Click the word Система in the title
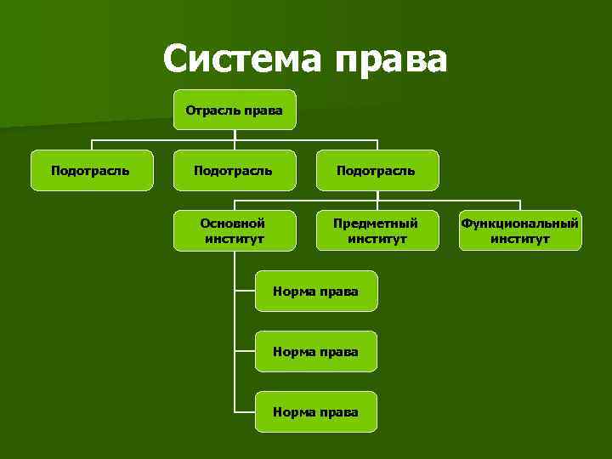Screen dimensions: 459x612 click(241, 59)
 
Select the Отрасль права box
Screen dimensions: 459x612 click(235, 110)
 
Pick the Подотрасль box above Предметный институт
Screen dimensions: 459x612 click(376, 170)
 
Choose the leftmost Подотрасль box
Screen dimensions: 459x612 click(90, 170)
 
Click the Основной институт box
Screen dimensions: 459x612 click(234, 230)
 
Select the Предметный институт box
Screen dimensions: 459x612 click(376, 230)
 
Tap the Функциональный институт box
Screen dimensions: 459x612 click(520, 230)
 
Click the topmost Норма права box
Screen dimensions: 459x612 click(315, 292)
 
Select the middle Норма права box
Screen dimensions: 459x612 click(315, 351)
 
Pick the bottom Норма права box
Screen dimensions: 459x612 click(315, 411)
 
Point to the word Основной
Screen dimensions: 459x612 click(233, 223)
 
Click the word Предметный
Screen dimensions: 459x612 click(376, 223)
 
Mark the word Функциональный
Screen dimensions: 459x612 click(520, 223)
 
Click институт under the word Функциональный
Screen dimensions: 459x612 click(520, 239)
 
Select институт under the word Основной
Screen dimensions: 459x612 click(234, 239)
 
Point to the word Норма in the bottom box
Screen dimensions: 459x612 click(293, 411)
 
